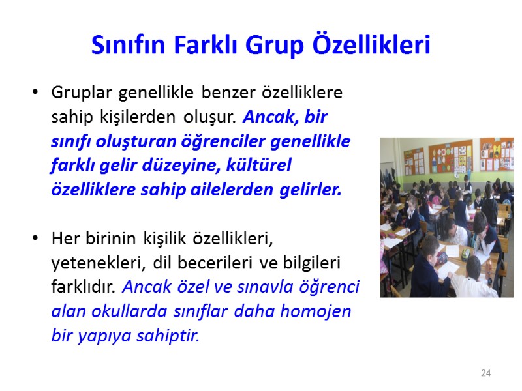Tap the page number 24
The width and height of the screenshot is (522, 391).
(x=485, y=373)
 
